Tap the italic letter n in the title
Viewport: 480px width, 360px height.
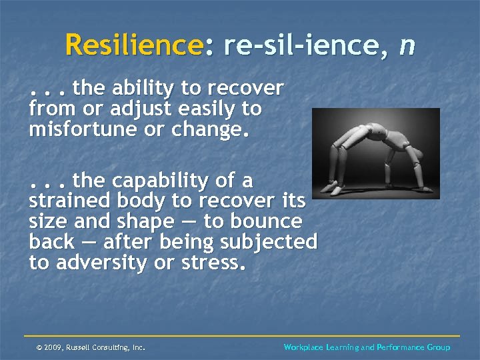pyautogui.click(x=407, y=45)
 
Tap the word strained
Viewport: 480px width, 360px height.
pyautogui.click(x=69, y=201)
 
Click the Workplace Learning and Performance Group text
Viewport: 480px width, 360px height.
pyautogui.click(x=367, y=347)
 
